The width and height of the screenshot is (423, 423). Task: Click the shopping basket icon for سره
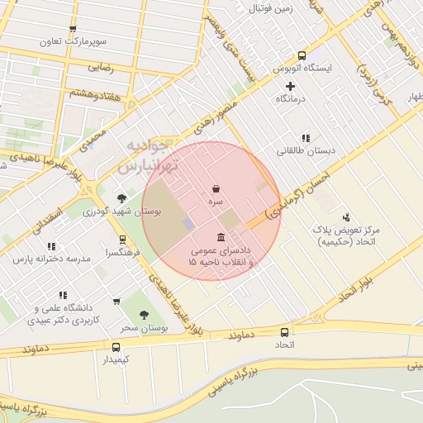[x=216, y=188]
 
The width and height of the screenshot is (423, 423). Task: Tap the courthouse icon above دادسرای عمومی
[x=221, y=237]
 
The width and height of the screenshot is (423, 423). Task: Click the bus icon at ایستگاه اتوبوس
[x=302, y=54]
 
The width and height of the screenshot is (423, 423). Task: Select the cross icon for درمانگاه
[x=290, y=86]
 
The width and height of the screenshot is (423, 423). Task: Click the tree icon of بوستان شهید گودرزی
[x=122, y=197]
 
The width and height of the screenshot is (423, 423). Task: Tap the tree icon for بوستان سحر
[x=145, y=315]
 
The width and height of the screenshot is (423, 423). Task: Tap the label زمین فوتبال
[x=273, y=9]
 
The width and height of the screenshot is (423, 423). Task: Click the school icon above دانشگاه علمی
[x=63, y=294]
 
